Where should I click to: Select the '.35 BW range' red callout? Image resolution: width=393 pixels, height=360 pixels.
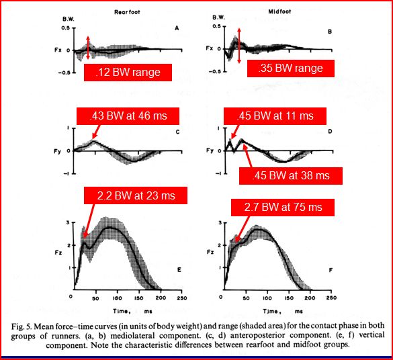[x=286, y=69]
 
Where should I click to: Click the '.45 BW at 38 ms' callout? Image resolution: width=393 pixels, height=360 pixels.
[x=291, y=175]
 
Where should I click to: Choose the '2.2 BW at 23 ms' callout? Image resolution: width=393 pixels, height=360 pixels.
[x=134, y=195]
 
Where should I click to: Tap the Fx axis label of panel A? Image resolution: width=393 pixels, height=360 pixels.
[x=59, y=48]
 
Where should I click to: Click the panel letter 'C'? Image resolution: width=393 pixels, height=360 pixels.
[x=177, y=132]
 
